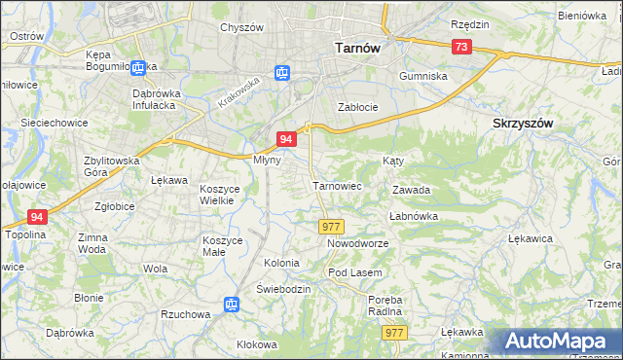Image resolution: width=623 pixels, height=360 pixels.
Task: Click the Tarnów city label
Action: pyautogui.click(x=356, y=46)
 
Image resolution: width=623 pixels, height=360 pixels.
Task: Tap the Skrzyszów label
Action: pyautogui.click(x=523, y=124)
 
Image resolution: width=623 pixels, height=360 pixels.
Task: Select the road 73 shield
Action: pyautogui.click(x=461, y=47)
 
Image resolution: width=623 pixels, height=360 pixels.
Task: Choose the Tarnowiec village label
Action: pyautogui.click(x=337, y=185)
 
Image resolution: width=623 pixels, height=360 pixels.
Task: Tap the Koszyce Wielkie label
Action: pyautogui.click(x=217, y=194)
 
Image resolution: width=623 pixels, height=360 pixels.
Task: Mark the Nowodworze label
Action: pyautogui.click(x=357, y=243)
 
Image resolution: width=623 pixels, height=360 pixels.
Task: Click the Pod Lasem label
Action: pyautogui.click(x=354, y=272)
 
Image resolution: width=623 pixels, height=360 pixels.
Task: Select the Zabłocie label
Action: pyautogui.click(x=356, y=107)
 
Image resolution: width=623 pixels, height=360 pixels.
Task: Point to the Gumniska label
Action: pyautogui.click(x=422, y=75)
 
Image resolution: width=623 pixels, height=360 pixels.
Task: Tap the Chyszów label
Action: pyautogui.click(x=241, y=27)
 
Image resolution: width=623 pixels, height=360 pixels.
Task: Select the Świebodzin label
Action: pyautogui.click(x=283, y=290)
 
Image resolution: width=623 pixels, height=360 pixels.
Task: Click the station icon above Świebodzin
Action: pyautogui.click(x=232, y=306)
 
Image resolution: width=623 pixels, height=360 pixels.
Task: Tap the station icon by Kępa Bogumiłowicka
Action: pyautogui.click(x=138, y=67)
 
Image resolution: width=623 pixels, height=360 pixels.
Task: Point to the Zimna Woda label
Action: pyautogui.click(x=92, y=243)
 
